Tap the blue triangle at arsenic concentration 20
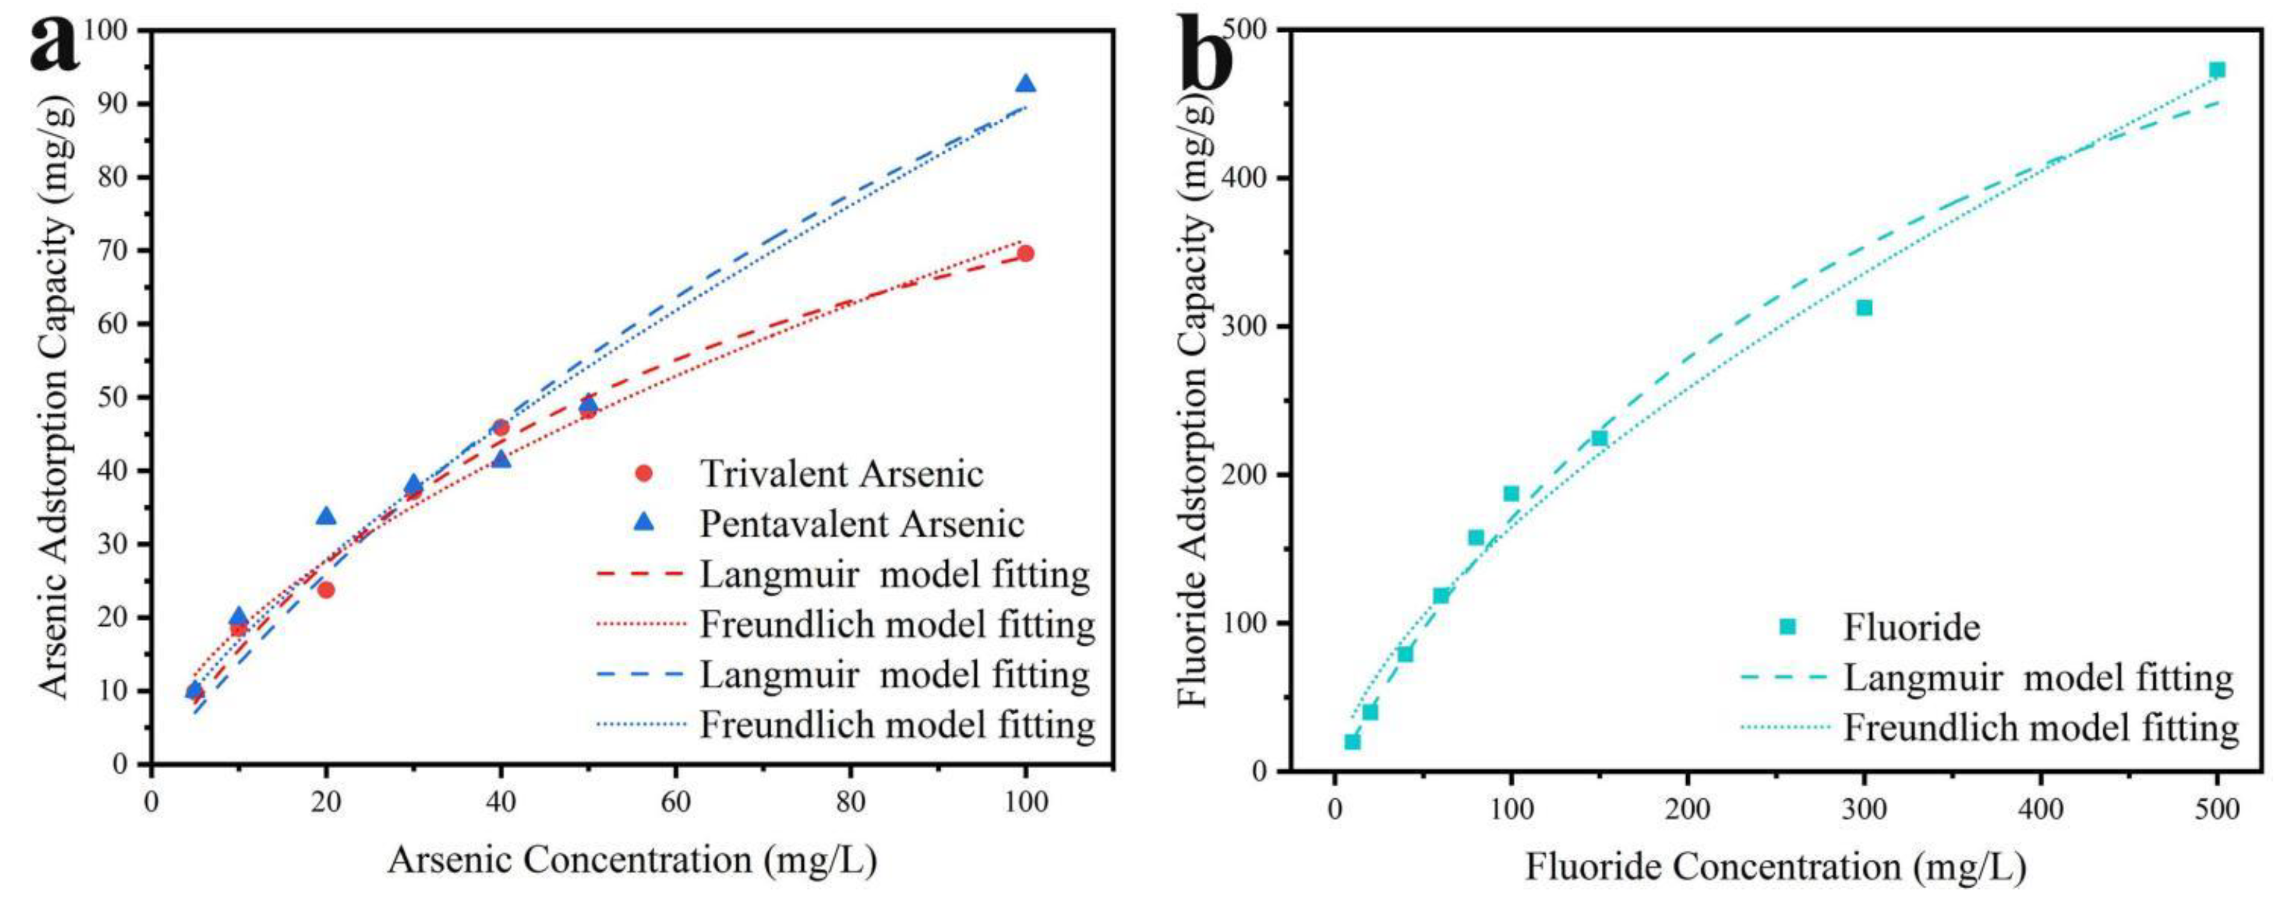326,516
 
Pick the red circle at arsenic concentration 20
326,589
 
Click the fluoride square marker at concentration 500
2216,70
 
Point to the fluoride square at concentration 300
1864,307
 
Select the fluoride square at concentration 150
1599,438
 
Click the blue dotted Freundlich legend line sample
641,725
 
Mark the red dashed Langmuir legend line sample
641,574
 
